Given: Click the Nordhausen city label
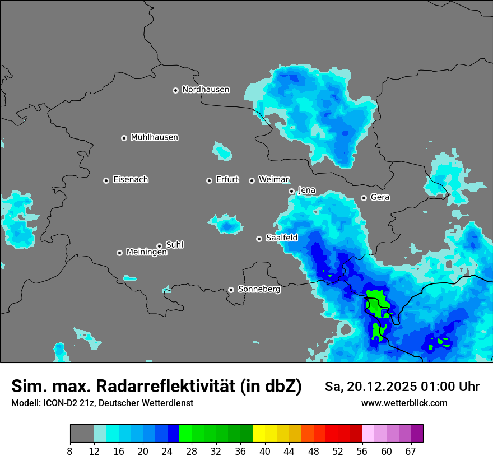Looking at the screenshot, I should pos(206,90).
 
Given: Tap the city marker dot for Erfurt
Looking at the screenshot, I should pos(209,180).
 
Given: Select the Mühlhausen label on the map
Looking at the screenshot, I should pos(154,137).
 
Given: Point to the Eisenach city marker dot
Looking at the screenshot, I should pos(106,180).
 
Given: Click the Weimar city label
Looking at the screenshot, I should pos(273,180).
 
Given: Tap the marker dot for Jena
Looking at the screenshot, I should pos(291,191).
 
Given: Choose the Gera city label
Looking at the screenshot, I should pos(380,197).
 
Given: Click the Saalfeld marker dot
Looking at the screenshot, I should pos(259,239).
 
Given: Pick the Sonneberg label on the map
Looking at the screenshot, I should pos(259,289).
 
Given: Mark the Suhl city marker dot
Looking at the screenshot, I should pos(159,246).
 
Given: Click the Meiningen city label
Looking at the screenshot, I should pos(146,253).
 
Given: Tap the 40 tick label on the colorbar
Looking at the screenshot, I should pos(264,452).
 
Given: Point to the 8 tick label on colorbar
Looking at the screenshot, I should pos(69,452).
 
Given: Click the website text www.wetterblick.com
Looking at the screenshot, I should pos(404,403).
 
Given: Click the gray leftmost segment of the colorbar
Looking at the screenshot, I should pos(82,434).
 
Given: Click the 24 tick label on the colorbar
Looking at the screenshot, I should pos(167,452).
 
